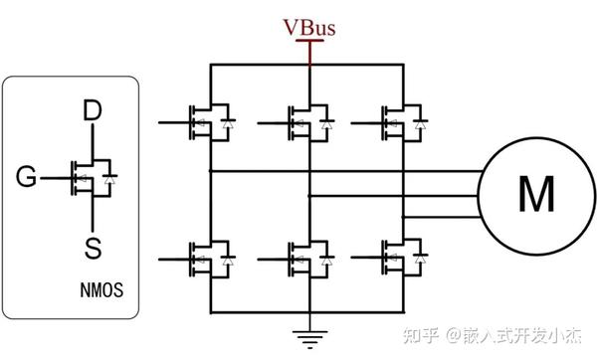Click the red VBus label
click(309, 27)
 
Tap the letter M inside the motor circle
click(535, 196)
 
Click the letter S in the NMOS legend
click(92, 246)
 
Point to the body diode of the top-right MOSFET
click(423, 124)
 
